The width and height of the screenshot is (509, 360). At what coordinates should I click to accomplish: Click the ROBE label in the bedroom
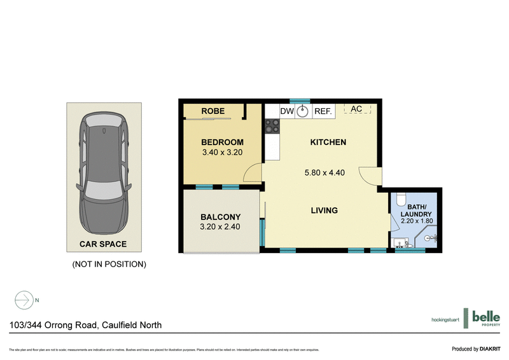tap(213, 111)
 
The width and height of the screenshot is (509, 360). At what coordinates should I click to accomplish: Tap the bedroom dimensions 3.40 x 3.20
tap(223, 153)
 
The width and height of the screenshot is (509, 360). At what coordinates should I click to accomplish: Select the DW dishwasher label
tap(287, 111)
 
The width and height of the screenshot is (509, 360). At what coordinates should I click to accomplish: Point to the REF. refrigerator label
tap(323, 111)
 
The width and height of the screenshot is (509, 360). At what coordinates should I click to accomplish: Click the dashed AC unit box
tap(356, 109)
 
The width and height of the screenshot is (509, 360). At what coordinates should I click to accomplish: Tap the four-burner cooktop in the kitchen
tap(272, 127)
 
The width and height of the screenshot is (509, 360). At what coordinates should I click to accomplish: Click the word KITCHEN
tap(328, 142)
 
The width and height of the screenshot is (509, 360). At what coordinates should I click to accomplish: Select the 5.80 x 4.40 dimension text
tap(324, 172)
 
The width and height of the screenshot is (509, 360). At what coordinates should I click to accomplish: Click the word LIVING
tap(324, 211)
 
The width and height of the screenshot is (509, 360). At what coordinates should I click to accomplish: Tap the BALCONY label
tap(221, 216)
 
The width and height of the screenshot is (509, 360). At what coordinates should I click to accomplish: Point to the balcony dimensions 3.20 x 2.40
tap(221, 226)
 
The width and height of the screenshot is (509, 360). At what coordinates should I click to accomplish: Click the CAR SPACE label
tap(102, 244)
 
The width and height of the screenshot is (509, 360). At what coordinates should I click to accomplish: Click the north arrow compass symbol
tap(24, 299)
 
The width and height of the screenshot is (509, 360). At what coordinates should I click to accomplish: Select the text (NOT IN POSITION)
tap(109, 263)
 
